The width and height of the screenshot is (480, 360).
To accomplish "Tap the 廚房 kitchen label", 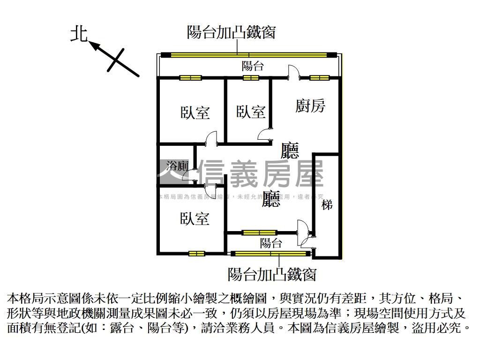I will pos(310,106).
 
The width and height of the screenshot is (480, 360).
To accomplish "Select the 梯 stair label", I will pos(327,204).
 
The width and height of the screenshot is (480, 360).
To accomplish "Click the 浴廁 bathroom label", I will pos(177,165).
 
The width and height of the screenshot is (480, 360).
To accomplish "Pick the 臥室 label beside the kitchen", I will pos(251,112).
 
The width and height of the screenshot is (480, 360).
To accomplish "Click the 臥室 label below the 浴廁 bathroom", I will pos(195,218).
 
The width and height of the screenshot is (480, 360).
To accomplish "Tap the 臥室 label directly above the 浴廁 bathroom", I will pos(195,112).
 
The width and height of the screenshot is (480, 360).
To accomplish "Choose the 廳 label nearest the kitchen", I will pos(290,150).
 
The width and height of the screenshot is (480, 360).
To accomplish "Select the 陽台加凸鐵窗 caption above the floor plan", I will pos(231,32).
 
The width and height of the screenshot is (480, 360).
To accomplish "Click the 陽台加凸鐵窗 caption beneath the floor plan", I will pos(272,274).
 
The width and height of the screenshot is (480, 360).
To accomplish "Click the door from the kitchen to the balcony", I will pos(294,73).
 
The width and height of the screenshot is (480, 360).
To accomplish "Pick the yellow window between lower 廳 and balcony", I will pos(259,232).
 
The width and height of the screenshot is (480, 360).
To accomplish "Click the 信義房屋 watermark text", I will pos(261,174).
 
